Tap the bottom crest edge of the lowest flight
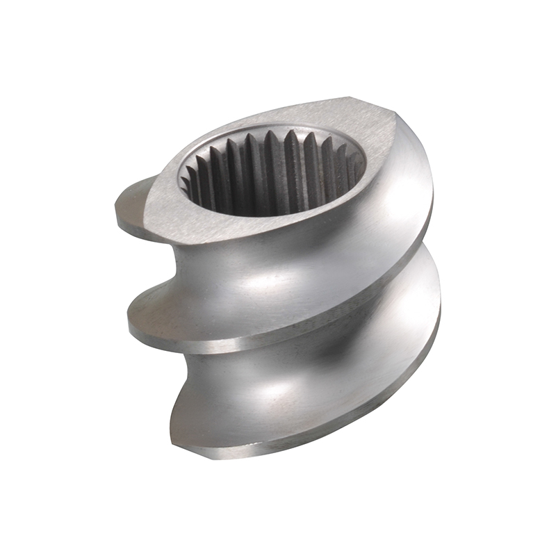(x=313, y=445)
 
